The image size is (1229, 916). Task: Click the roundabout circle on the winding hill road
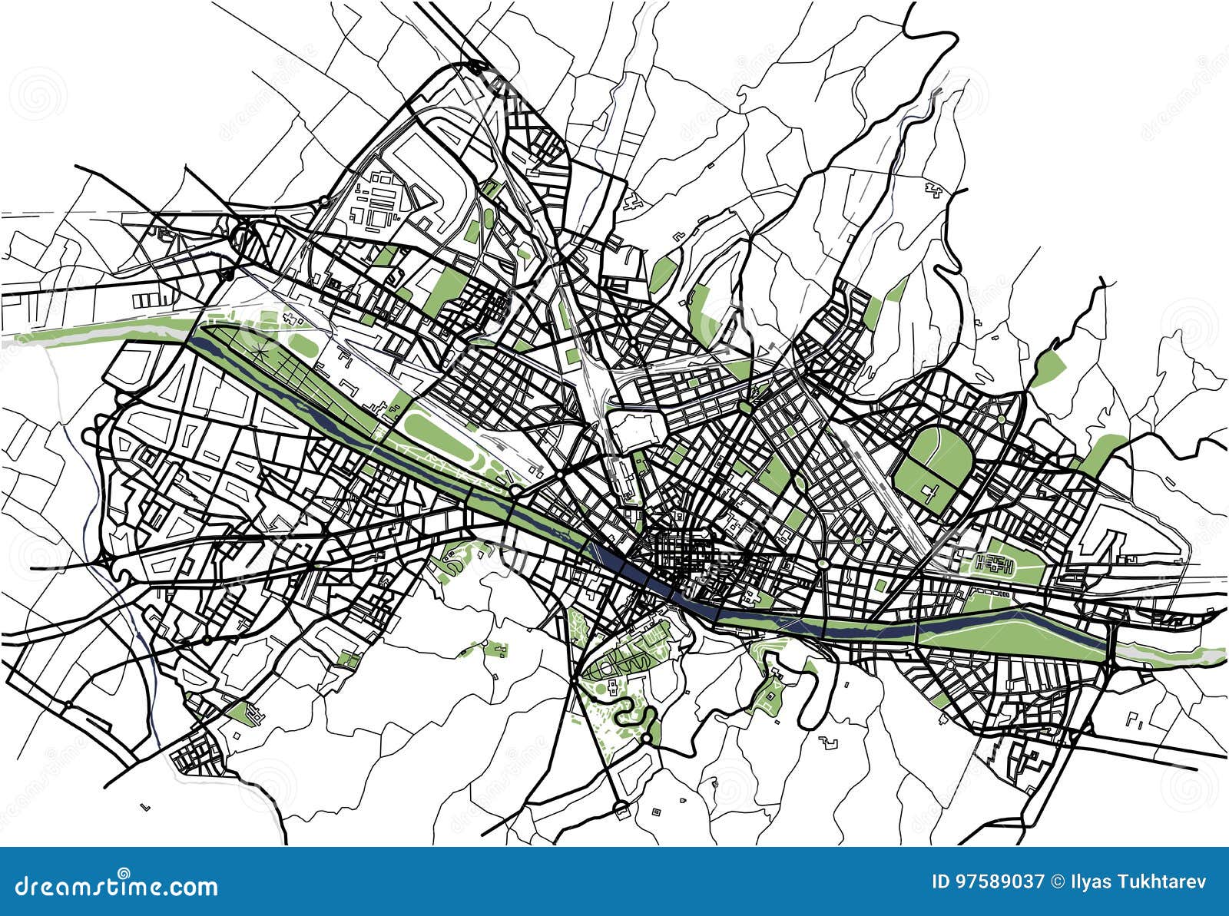pyautogui.click(x=647, y=738)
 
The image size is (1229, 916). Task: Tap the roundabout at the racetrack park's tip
pyautogui.click(x=514, y=488)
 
